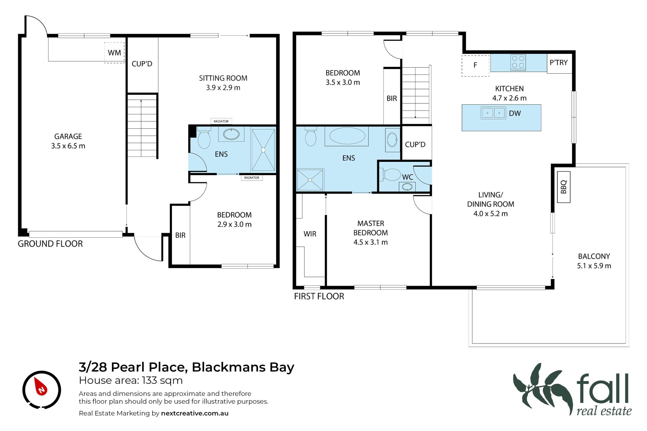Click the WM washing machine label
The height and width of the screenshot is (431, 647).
tap(114, 53)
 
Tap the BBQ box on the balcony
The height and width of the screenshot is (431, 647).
tap(564, 187)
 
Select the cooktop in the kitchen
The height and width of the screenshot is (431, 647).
tap(518, 62)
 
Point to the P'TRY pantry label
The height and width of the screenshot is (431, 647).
tap(559, 62)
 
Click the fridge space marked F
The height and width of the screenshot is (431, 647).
tap(475, 66)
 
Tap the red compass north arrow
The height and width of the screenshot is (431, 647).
tap(41, 386)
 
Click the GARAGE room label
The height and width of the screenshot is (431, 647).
tap(68, 136)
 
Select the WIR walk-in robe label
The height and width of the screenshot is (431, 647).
tap(310, 234)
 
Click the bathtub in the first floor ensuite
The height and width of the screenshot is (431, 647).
tap(346, 136)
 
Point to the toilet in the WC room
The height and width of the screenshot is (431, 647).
tap(390, 174)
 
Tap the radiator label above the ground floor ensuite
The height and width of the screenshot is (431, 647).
tap(221, 121)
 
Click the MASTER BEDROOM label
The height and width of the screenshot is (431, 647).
tap(371, 228)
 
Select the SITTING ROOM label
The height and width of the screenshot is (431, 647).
tap(223, 78)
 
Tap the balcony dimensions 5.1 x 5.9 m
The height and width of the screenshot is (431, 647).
tap(594, 266)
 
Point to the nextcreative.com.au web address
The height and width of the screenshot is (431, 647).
tap(195, 413)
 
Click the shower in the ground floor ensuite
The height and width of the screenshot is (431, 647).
tap(263, 150)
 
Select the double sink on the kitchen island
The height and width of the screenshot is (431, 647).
tap(493, 113)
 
